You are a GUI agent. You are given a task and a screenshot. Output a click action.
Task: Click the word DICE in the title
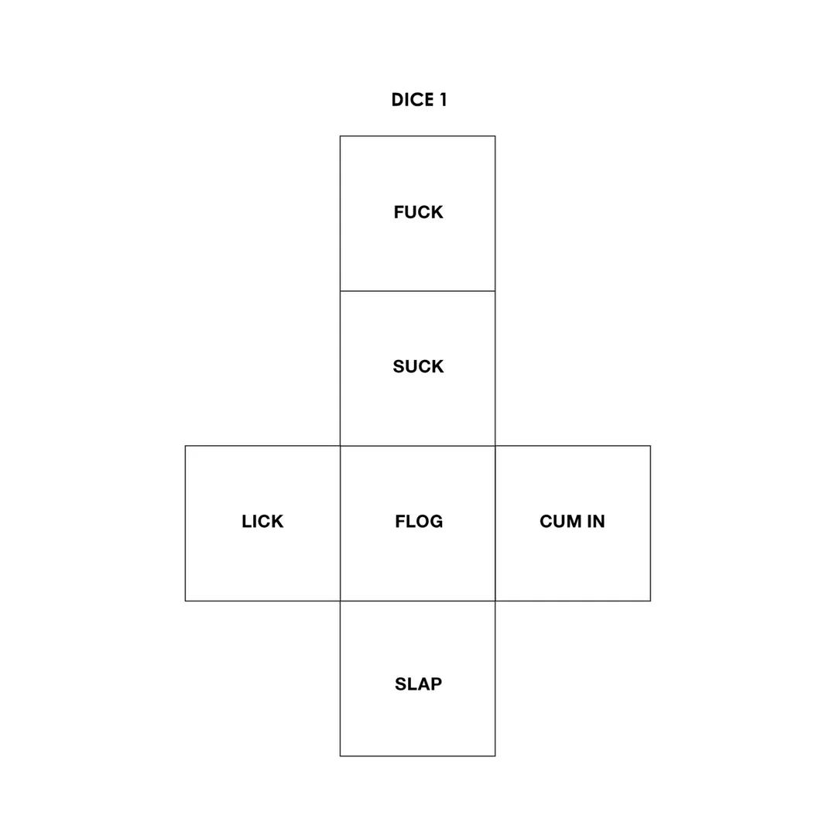coord(412,100)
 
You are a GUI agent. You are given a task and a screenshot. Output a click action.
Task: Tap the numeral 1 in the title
coord(443,100)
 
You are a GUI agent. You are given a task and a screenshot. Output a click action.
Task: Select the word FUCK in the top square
coord(419,212)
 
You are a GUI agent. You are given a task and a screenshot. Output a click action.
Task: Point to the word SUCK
coord(419,366)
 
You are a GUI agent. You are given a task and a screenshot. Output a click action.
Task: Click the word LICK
coord(262,521)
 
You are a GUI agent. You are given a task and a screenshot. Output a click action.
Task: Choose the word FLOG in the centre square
coord(419,521)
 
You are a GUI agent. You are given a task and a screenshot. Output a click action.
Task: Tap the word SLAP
coord(419,684)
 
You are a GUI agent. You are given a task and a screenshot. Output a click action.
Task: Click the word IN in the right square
coord(596,521)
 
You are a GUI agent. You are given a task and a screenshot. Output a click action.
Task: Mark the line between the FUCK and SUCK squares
coord(417,291)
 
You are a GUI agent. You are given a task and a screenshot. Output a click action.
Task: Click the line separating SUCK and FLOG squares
coord(417,446)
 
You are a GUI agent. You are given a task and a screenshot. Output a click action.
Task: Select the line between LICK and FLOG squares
coord(340,523)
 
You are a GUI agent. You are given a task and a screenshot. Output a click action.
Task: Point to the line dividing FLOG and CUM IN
coord(495,523)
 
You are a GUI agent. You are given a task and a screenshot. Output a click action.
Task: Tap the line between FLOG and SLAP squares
coord(417,601)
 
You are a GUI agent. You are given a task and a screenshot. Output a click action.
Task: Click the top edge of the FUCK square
coord(417,136)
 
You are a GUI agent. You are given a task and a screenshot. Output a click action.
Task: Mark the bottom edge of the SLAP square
coord(417,756)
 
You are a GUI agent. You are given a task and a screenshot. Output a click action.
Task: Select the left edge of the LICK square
coord(186,523)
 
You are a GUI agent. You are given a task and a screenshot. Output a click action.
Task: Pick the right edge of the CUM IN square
coord(650,523)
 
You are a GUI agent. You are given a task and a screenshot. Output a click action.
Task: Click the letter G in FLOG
coord(436,521)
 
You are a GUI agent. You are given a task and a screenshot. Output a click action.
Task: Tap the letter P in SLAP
coord(437,684)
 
